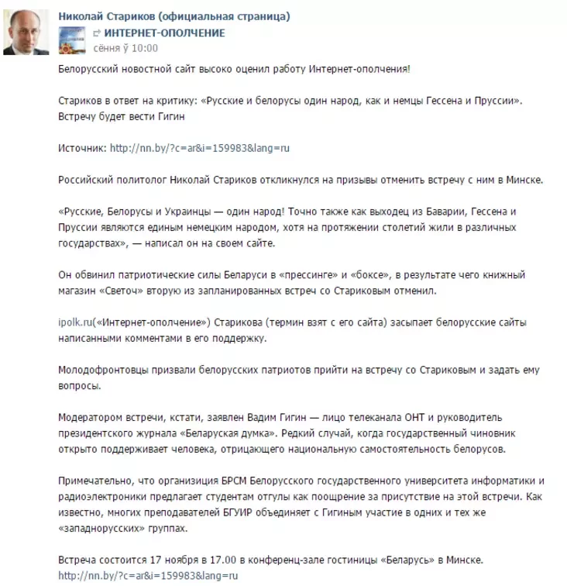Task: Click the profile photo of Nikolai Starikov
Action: [28, 33]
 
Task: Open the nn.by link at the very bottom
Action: [148, 576]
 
